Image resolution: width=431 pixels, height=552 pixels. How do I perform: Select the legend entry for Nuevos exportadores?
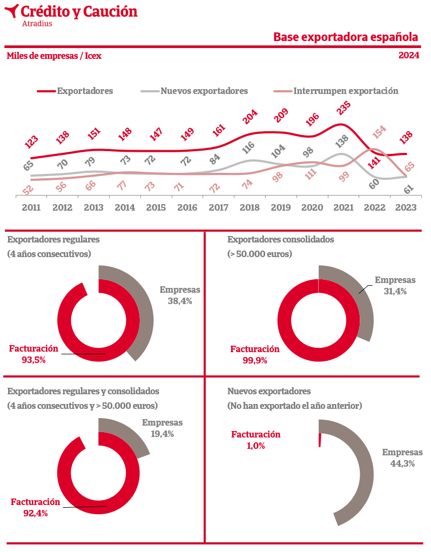click(204, 91)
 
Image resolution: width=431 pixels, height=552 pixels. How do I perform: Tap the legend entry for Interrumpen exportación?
click(346, 91)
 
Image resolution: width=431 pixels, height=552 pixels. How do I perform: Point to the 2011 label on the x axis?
click(31, 207)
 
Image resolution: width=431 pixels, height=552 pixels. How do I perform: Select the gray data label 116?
click(249, 148)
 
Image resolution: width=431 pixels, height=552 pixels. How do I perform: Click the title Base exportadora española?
click(346, 37)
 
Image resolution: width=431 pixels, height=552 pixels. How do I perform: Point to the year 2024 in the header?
click(409, 56)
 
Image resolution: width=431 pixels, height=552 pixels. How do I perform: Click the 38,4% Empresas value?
click(180, 301)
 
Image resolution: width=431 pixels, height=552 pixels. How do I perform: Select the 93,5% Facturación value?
click(33, 360)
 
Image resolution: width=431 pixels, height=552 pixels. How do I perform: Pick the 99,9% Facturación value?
click(255, 360)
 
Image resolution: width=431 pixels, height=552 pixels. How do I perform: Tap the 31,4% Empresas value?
click(395, 291)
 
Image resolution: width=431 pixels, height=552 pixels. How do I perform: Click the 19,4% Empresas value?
click(163, 434)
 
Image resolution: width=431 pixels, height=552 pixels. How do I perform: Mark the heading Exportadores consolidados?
click(281, 239)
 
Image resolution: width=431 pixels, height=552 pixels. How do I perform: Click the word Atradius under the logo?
click(37, 24)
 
